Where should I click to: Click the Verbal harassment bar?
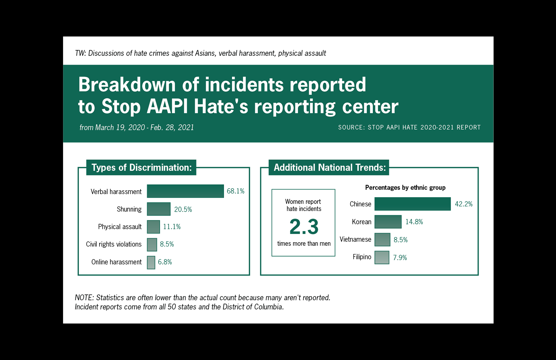coord(185,191)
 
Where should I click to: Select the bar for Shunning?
coord(158,209)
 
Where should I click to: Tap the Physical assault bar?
coord(153,227)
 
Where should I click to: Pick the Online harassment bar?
coord(151,262)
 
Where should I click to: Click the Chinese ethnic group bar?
coord(412,204)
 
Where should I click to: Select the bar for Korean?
coord(388,222)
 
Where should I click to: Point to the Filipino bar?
coord(382,257)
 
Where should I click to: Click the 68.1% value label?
coord(235,191)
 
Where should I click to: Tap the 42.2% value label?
coord(464,204)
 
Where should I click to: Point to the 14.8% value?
coord(414,222)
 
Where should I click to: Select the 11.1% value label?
coord(172,227)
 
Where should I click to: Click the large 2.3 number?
coord(304,227)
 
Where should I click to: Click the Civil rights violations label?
coord(114,244)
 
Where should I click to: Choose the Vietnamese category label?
coord(355,239)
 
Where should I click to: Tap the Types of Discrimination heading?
coord(141,167)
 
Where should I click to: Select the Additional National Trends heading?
coord(329,167)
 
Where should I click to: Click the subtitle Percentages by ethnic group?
coord(405,188)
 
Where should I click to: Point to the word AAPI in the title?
coord(167,106)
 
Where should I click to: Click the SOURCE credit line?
coord(409,127)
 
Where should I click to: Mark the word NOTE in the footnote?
coord(84,298)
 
